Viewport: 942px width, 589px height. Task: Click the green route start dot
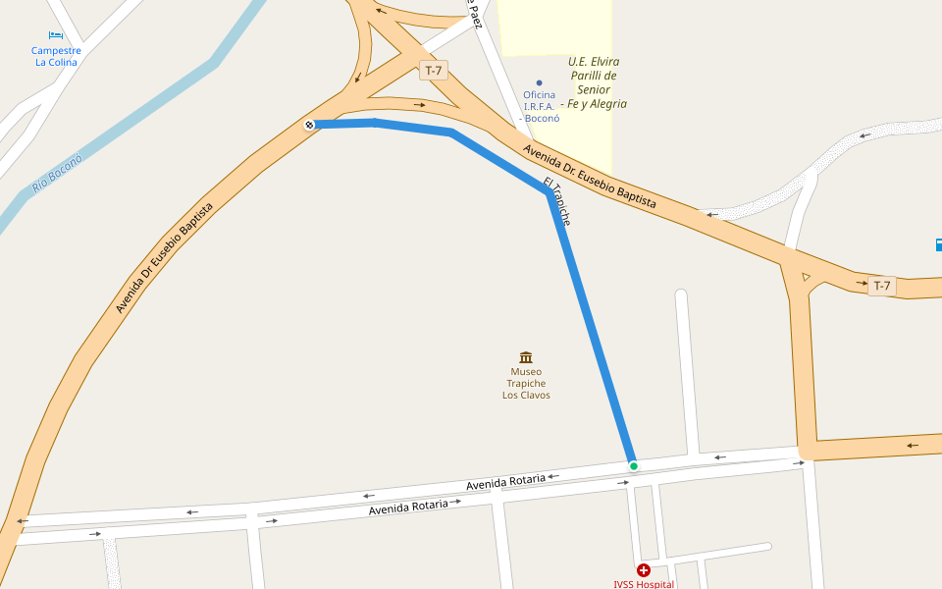pyautogui.click(x=634, y=465)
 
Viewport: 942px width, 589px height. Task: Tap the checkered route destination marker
pyautogui.click(x=309, y=125)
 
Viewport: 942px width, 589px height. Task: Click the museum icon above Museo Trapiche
pyautogui.click(x=526, y=357)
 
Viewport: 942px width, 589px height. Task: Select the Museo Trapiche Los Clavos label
pyautogui.click(x=526, y=384)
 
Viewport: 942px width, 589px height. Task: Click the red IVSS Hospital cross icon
pyautogui.click(x=644, y=570)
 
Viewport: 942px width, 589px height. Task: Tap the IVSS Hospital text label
pyautogui.click(x=644, y=584)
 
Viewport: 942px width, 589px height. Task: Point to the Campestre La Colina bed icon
pyautogui.click(x=56, y=35)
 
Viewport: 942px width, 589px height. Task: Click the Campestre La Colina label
pyautogui.click(x=56, y=56)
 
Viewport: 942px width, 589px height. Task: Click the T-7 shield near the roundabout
pyautogui.click(x=433, y=71)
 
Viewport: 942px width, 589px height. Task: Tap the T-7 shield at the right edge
pyautogui.click(x=881, y=286)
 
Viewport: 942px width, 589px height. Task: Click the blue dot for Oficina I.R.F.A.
pyautogui.click(x=539, y=82)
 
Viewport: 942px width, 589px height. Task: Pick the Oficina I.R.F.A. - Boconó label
pyautogui.click(x=539, y=106)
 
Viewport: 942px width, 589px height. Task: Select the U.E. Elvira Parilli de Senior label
pyautogui.click(x=595, y=82)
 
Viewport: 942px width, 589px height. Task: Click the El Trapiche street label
pyautogui.click(x=556, y=201)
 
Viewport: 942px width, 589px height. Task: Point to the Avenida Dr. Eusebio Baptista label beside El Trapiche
pyautogui.click(x=589, y=177)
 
